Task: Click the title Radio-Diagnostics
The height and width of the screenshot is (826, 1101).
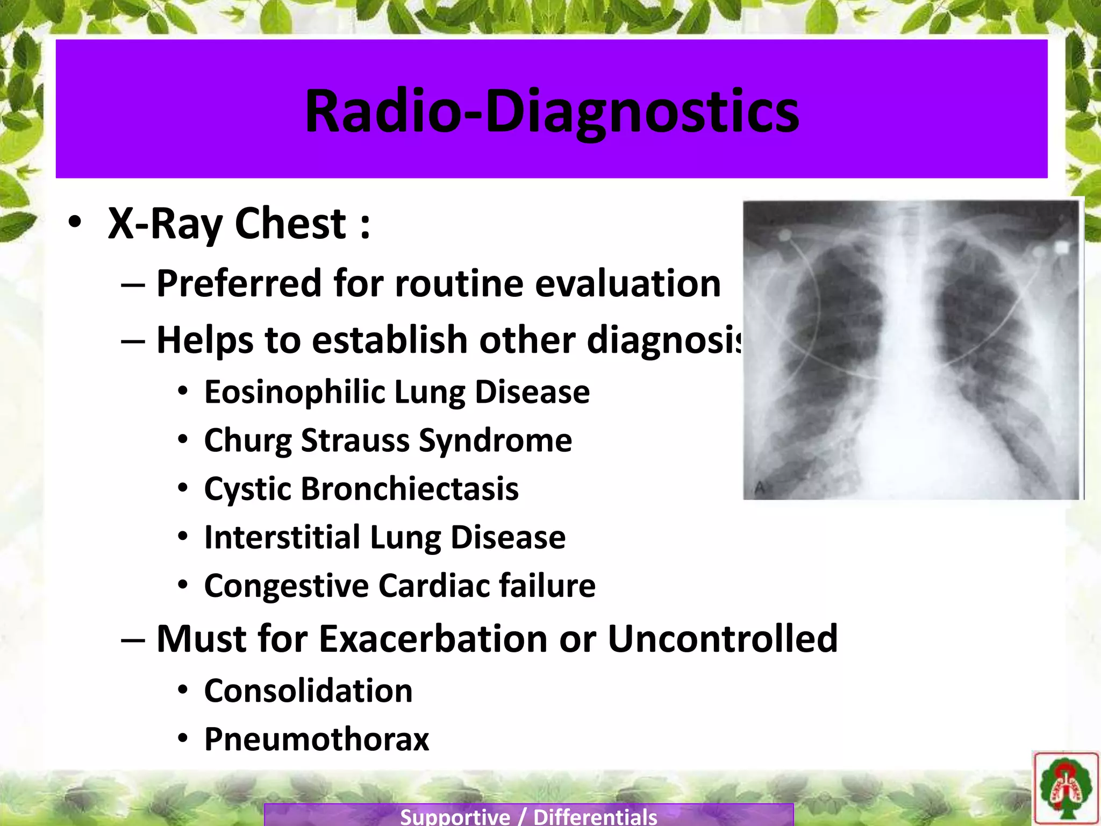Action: [x=552, y=112]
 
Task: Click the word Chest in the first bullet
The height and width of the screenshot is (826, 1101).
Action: [x=290, y=224]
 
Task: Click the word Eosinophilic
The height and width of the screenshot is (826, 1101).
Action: [x=294, y=393]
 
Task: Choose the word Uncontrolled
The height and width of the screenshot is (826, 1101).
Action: [x=723, y=639]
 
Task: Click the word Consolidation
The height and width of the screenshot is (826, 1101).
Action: [x=308, y=691]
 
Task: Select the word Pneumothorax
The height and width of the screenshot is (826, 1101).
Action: [x=317, y=739]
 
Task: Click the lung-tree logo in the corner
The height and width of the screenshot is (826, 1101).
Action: [x=1065, y=788]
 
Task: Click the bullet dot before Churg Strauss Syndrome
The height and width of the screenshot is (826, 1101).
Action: [x=183, y=440]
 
